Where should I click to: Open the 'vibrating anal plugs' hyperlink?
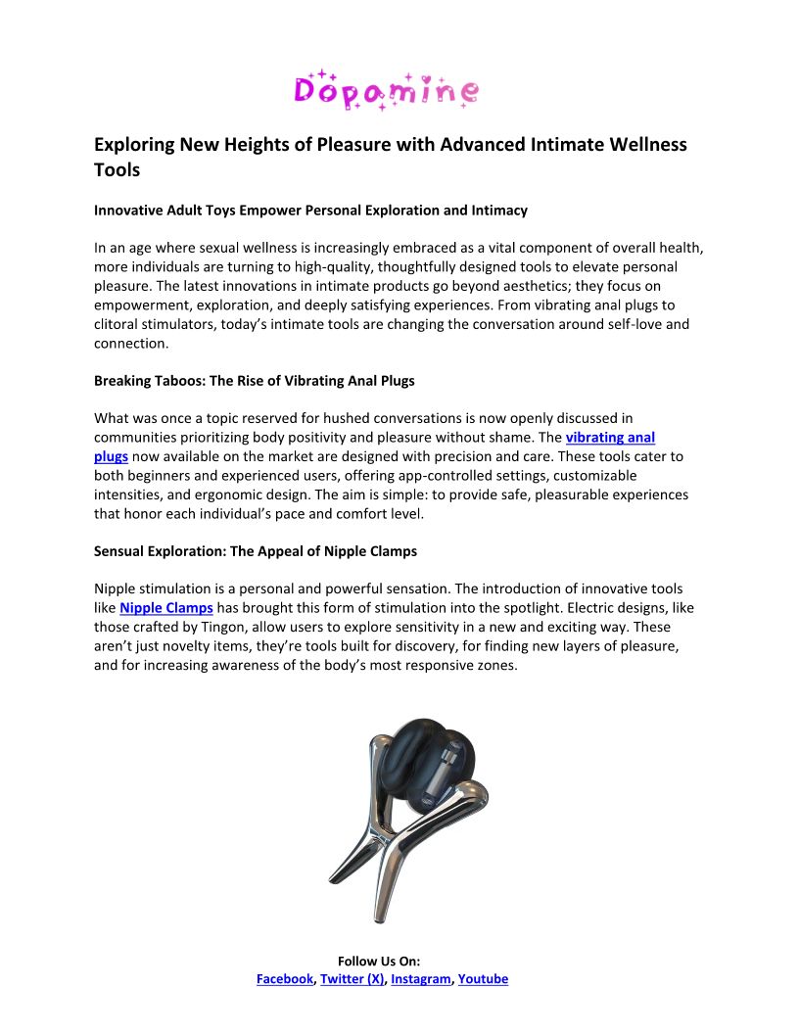[x=610, y=438]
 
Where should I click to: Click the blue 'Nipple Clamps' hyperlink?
[x=165, y=607]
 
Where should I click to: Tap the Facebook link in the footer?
[x=284, y=978]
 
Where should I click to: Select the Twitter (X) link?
[x=352, y=978]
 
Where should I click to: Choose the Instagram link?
[x=421, y=978]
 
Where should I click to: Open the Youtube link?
[x=483, y=978]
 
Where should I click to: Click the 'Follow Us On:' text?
[x=379, y=962]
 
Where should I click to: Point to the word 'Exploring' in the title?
[x=134, y=145]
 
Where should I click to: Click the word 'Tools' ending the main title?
[x=117, y=169]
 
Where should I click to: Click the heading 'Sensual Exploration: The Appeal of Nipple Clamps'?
[x=256, y=551]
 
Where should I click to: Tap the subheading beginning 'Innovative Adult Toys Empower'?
[x=310, y=210]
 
